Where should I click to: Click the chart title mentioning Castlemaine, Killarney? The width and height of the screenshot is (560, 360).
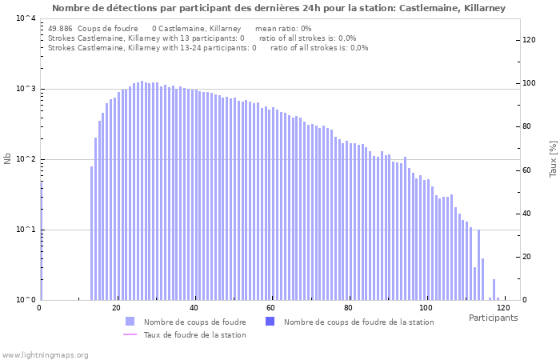[279, 8]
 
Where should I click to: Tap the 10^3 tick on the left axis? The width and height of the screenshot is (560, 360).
[26, 89]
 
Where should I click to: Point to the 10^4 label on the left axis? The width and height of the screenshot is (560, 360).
[26, 18]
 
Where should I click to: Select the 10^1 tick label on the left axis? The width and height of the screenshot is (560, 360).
[26, 230]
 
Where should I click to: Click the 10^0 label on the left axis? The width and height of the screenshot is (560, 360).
[26, 300]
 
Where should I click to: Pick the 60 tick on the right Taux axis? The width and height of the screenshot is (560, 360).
[527, 170]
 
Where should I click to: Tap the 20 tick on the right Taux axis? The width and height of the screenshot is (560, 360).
[527, 257]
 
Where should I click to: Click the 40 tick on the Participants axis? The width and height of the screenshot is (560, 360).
[194, 308]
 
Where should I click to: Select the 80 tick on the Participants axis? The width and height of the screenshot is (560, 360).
[349, 308]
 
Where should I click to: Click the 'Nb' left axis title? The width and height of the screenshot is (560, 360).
[8, 159]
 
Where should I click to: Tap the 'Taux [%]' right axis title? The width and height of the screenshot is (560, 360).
[553, 159]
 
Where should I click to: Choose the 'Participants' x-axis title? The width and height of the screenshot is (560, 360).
[493, 318]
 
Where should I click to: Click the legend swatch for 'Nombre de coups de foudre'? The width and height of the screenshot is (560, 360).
[130, 322]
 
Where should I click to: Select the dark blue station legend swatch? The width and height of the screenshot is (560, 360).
[270, 322]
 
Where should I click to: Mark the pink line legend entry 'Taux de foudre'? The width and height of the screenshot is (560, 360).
[130, 334]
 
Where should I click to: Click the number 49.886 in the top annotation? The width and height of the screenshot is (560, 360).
[61, 28]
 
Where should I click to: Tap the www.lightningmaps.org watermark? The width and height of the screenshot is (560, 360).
[45, 354]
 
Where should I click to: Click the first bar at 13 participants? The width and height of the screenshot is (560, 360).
[91, 233]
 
